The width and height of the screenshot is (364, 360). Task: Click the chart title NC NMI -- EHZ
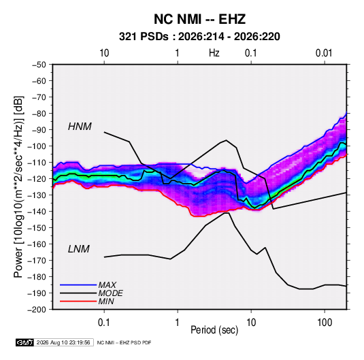[x=199, y=19]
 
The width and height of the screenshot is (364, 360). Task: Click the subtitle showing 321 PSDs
[x=199, y=37]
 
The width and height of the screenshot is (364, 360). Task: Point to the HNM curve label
[x=80, y=127]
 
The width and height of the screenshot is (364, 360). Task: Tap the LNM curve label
[x=79, y=249]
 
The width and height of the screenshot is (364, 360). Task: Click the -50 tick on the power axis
[x=39, y=65]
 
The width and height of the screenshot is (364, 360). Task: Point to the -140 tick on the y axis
[x=37, y=212]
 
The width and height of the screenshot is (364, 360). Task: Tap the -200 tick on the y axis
[x=37, y=310]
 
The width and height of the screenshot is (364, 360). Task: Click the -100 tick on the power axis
[x=37, y=146]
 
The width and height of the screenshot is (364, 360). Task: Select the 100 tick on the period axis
[x=325, y=323]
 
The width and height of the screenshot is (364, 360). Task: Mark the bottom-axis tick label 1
[x=178, y=323]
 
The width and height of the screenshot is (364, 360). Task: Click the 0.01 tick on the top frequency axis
[x=324, y=53]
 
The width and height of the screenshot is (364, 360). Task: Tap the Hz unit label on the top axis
[x=214, y=53]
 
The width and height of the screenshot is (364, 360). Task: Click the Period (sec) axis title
[x=214, y=330]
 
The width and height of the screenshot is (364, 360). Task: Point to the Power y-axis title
[x=18, y=187]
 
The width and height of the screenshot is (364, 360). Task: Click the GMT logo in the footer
[x=25, y=342]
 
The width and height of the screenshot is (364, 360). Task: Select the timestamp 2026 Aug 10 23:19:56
[x=63, y=342]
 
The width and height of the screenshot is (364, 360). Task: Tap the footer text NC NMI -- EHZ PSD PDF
[x=124, y=342]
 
